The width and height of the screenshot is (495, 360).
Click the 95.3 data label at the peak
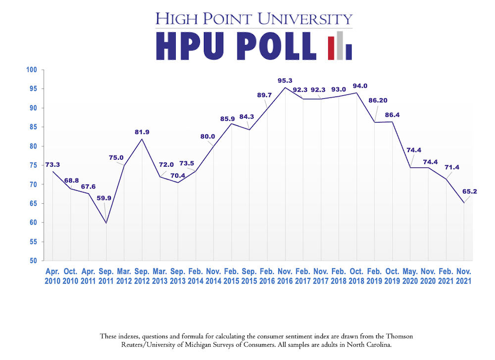[285, 80]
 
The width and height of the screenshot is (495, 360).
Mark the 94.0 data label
[360, 86]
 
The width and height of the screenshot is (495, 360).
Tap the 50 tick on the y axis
[34, 261]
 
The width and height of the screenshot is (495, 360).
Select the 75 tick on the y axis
[34, 165]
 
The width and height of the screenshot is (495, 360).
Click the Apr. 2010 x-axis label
[52, 276]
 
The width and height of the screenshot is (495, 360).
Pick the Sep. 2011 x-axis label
[106, 276]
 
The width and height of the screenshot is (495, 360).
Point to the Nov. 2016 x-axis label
[285, 276]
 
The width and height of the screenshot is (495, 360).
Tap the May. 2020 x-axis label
[410, 276]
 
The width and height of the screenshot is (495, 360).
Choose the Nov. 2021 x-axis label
[464, 276]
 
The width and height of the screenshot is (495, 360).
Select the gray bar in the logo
[340, 45]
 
